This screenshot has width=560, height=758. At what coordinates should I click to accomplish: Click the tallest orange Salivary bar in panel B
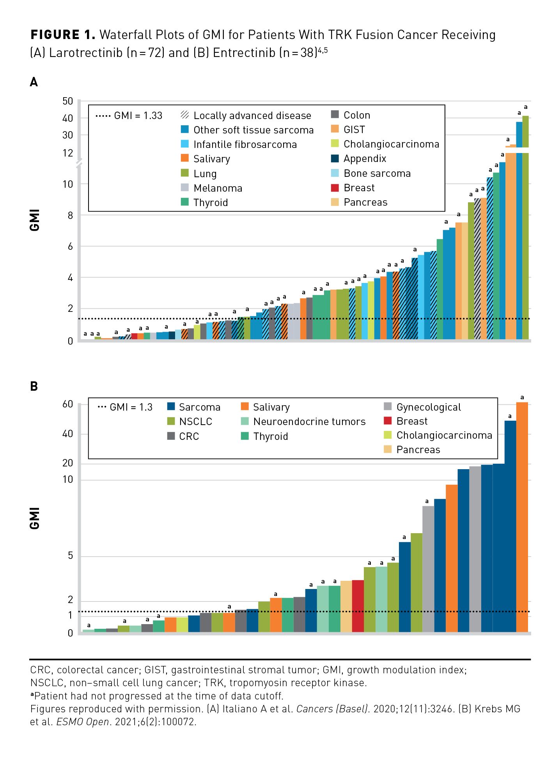coord(522,515)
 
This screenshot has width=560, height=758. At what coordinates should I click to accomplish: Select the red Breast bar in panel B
coord(358,605)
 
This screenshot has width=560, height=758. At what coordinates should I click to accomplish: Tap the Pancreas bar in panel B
coord(346,606)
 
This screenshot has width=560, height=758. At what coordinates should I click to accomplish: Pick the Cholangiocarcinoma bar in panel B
coord(182,624)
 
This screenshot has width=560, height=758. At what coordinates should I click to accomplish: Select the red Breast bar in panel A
coord(134,336)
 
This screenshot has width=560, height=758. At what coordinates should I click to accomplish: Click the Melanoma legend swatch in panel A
coord(185,188)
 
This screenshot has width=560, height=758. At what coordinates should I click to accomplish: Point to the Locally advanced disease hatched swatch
coord(185,115)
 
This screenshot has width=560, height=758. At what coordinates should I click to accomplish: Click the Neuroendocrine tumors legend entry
coord(309,422)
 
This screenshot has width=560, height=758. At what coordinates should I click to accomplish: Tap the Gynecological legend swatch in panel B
coord(388,407)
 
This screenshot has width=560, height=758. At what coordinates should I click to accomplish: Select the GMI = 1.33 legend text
coord(138,116)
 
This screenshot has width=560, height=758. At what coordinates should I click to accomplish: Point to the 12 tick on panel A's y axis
coord(68,153)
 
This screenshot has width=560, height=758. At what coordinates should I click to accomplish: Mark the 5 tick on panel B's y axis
coord(70,555)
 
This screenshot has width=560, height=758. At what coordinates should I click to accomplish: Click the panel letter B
coord(34,386)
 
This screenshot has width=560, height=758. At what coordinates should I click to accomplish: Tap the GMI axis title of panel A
coord(34,220)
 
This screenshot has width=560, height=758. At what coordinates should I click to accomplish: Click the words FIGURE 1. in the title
coord(63,35)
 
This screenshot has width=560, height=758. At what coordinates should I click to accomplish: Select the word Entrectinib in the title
coord(244,52)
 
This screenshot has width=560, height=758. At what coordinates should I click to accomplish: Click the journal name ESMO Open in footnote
coord(82,722)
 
